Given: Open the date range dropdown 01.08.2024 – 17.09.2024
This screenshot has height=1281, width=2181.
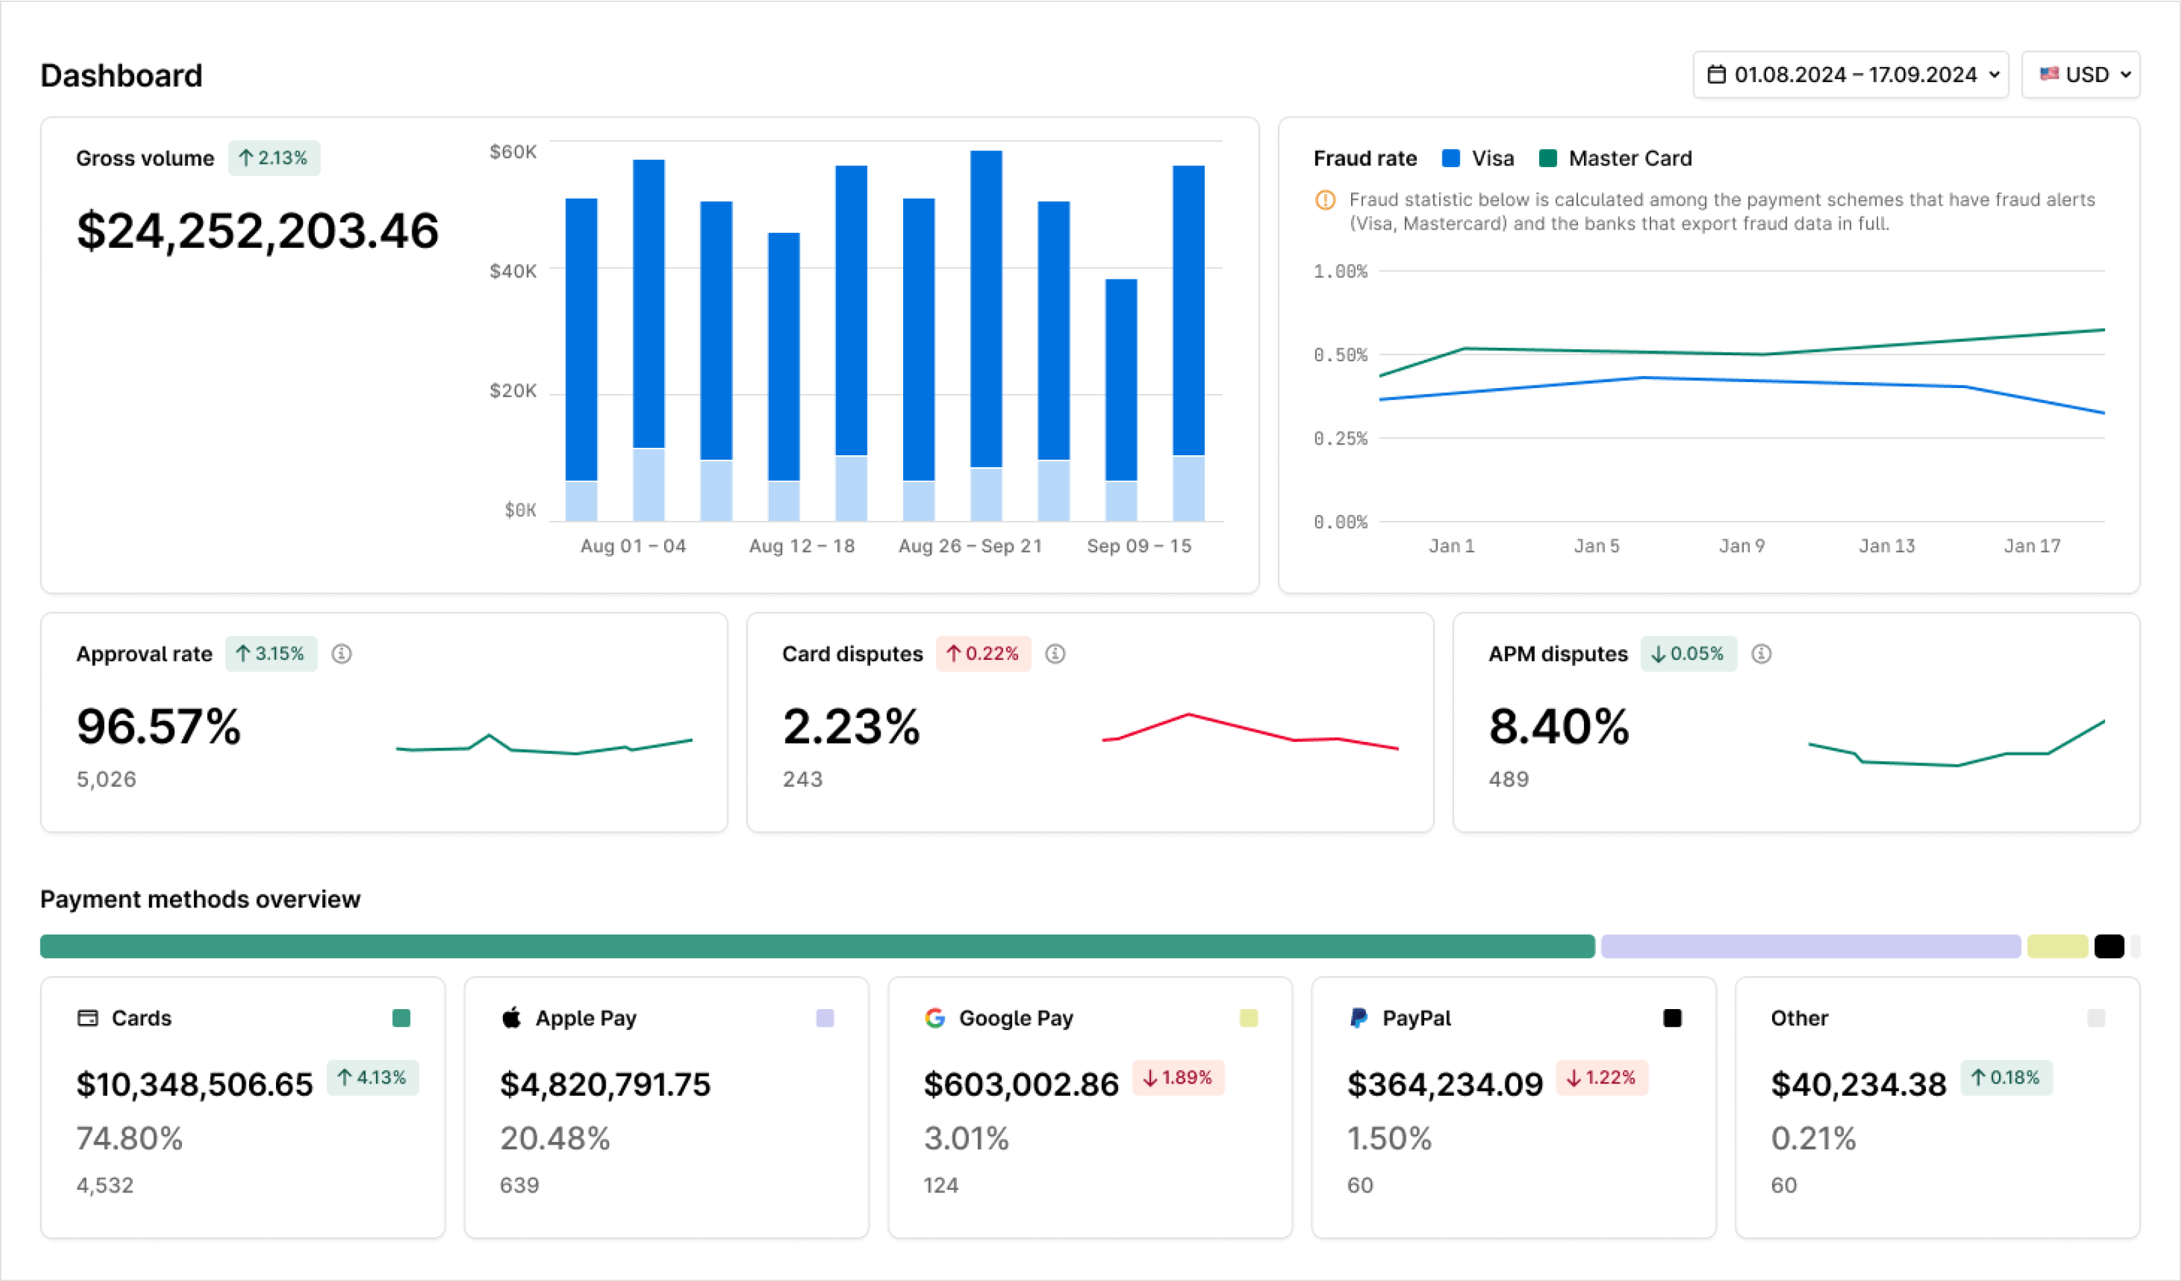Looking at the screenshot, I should [1851, 75].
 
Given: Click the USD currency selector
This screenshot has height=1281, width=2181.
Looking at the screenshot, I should [2080, 75].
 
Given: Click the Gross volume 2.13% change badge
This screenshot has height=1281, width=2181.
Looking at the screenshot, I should [273, 158].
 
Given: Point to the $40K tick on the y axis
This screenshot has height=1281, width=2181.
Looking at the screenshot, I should [513, 271].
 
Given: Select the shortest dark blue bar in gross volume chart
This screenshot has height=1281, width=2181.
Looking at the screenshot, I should [1121, 379].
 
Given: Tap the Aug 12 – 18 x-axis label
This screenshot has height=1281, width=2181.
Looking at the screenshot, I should [802, 546].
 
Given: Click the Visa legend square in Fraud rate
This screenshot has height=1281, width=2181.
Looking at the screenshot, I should [1451, 158].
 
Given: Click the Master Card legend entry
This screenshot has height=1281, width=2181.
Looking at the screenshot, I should [1615, 158].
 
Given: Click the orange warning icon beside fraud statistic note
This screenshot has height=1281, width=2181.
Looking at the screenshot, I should [1325, 200].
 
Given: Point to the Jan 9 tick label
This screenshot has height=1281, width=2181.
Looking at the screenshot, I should [1741, 546].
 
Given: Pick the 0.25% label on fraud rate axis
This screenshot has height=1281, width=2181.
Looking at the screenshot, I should [1340, 439].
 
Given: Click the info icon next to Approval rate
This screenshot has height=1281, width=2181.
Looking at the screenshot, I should [342, 655].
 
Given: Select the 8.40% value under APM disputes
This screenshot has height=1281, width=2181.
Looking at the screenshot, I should [1559, 726].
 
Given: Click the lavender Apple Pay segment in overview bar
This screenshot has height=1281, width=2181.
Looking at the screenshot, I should [1810, 946].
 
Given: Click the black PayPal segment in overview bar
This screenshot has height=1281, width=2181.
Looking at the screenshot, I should [2109, 946].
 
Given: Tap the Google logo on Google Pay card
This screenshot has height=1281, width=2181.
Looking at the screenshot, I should [935, 1018].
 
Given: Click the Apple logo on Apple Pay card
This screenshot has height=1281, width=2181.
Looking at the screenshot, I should [512, 1018].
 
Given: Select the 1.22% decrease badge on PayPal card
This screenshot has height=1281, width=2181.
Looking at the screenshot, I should [1602, 1078].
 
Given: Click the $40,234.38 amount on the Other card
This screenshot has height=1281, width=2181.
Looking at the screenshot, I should [1858, 1084].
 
